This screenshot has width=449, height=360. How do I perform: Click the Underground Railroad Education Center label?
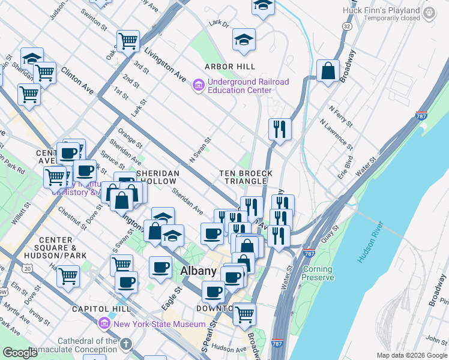[248, 86]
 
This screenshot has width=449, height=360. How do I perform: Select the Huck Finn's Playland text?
[381, 10]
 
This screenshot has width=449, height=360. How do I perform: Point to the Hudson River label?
[370, 242]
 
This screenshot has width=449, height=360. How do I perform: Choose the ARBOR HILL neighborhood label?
[230, 67]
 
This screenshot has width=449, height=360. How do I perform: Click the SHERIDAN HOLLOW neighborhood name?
[158, 177]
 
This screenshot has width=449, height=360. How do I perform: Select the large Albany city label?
[198, 271]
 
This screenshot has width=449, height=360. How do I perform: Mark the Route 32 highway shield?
[347, 27]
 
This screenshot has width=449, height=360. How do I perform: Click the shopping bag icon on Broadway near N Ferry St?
[328, 71]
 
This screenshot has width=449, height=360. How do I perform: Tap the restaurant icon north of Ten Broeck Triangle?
[280, 129]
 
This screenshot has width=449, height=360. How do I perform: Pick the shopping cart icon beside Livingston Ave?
[128, 41]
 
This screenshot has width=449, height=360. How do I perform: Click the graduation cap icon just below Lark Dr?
[244, 40]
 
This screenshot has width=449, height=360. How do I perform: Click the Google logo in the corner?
[20, 353]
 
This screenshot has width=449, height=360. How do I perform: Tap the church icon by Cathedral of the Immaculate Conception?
[125, 344]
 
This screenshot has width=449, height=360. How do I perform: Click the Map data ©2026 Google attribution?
[411, 355]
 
